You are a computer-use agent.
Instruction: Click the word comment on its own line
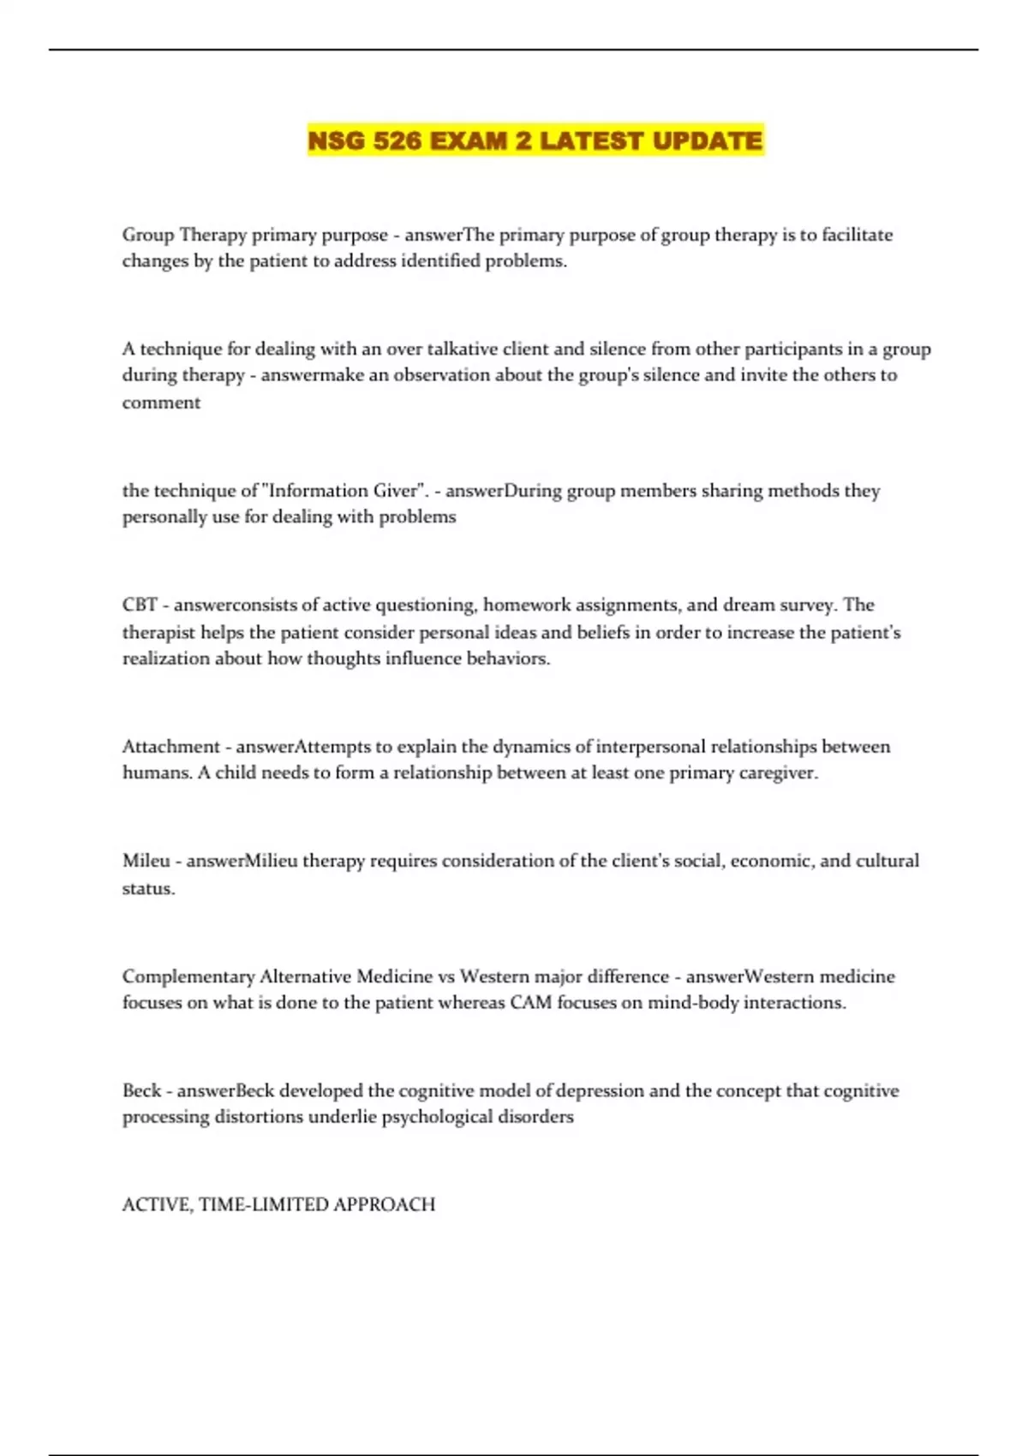coord(161,403)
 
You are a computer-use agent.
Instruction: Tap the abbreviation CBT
coord(140,605)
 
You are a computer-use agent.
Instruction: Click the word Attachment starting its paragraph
coord(171,746)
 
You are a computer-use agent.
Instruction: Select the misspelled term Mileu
coord(146,861)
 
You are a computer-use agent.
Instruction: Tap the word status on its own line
coord(147,888)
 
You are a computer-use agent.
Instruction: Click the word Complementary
coord(188,976)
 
